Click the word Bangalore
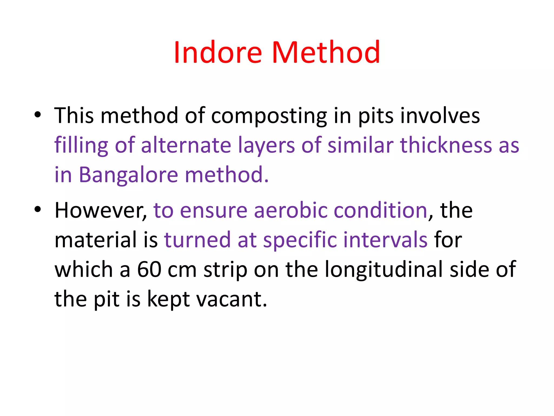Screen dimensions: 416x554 [128, 175]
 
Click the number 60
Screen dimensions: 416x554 [149, 270]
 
